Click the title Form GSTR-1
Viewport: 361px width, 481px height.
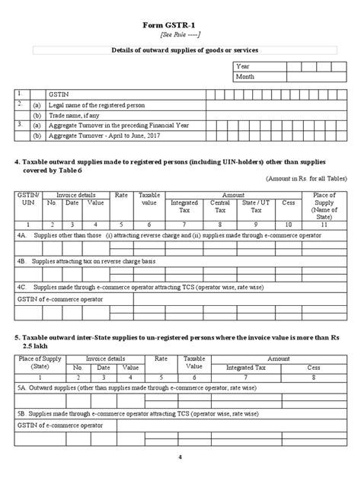(x=180, y=24)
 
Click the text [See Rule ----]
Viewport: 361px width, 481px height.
(x=180, y=35)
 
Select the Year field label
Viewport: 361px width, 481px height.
(x=244, y=66)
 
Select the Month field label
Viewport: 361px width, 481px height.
(x=247, y=77)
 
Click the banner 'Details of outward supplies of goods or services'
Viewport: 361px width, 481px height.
(x=180, y=49)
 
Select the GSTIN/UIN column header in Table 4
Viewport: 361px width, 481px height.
(x=27, y=199)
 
